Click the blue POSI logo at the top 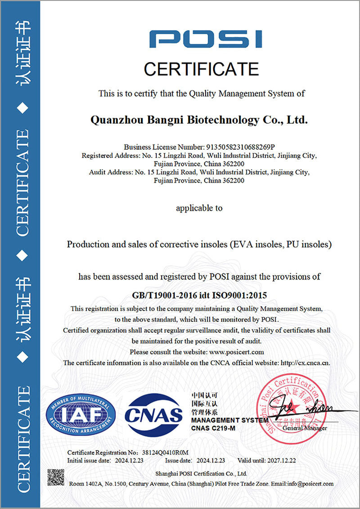pyautogui.click(x=206, y=39)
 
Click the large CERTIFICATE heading pyautogui.click(x=201, y=69)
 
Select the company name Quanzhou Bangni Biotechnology pyautogui.click(x=199, y=120)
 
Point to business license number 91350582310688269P pyautogui.click(x=240, y=147)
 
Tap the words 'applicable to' pyautogui.click(x=199, y=208)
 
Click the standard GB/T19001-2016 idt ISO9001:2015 pyautogui.click(x=200, y=295)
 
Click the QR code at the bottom pyautogui.click(x=56, y=478)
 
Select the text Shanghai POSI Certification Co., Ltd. pyautogui.click(x=201, y=473)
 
